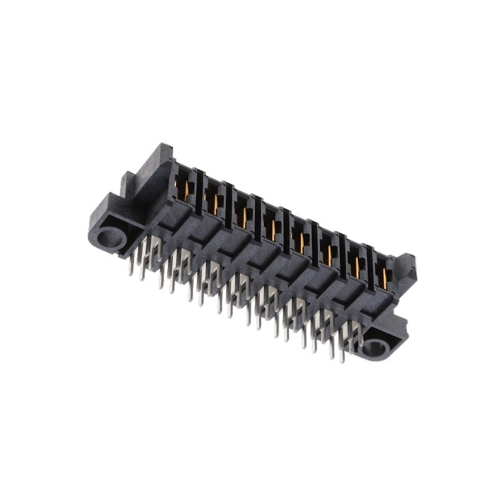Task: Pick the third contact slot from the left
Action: tap(242, 214)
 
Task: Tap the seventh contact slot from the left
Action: tap(356, 265)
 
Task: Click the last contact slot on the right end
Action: tap(383, 277)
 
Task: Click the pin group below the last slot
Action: tap(347, 338)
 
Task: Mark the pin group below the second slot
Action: tap(180, 270)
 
